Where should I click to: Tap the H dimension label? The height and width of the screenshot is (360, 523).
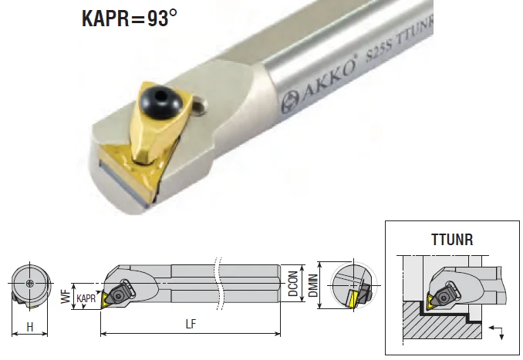click(30, 328)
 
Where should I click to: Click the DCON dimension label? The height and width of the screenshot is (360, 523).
click(294, 285)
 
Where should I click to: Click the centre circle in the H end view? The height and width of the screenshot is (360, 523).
click(29, 284)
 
